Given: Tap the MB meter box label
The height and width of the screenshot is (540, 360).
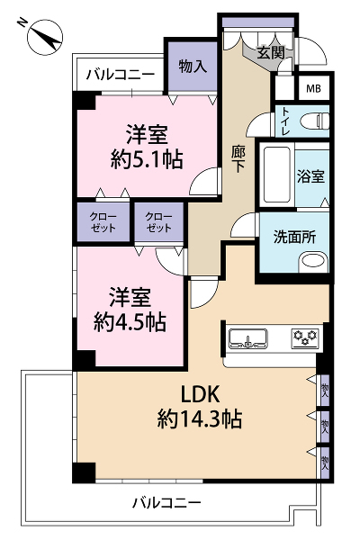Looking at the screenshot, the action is click(x=313, y=89).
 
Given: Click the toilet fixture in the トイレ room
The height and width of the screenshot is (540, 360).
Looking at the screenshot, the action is click(x=314, y=121).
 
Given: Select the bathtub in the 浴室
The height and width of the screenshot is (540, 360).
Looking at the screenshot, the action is click(x=276, y=175).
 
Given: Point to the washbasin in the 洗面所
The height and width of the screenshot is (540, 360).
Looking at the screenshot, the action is click(x=313, y=261).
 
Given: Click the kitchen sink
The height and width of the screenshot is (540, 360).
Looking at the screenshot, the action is click(x=248, y=337).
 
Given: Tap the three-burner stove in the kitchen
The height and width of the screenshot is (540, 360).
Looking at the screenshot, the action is click(x=305, y=337).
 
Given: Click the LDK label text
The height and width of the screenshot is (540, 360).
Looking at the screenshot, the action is click(x=200, y=395).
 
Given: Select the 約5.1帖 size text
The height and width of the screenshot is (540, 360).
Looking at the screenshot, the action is click(x=147, y=160).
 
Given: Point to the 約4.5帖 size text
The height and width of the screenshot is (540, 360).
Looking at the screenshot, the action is click(x=130, y=322).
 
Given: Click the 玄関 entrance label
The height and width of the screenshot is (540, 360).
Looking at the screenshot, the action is click(x=271, y=53).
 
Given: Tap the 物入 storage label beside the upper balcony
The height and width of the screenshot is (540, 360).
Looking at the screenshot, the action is click(x=193, y=66).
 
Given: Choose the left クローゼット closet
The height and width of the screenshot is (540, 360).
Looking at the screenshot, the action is click(x=103, y=222).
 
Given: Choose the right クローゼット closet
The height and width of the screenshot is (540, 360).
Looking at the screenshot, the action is click(x=158, y=222).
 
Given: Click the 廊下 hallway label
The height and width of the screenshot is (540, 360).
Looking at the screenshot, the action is click(x=238, y=159).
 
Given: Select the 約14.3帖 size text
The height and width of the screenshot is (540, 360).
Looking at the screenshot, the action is click(x=200, y=418).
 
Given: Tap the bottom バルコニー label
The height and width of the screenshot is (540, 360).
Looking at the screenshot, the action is click(x=167, y=503).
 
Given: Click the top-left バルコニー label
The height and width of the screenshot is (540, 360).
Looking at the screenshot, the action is click(x=121, y=75).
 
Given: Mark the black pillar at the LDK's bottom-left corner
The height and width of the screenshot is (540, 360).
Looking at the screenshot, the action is click(x=84, y=472).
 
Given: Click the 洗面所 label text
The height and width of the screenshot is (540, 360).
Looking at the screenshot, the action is click(x=295, y=237).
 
